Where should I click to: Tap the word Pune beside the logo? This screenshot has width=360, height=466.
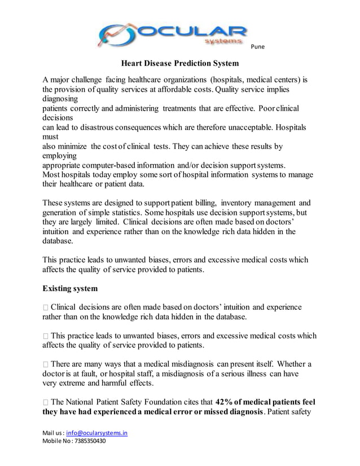pos(257,46)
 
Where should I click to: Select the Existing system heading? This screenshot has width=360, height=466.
pos(70,289)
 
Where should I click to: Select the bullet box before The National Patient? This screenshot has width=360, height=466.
pos(46,403)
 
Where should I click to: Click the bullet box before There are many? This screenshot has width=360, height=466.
pos(46,364)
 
